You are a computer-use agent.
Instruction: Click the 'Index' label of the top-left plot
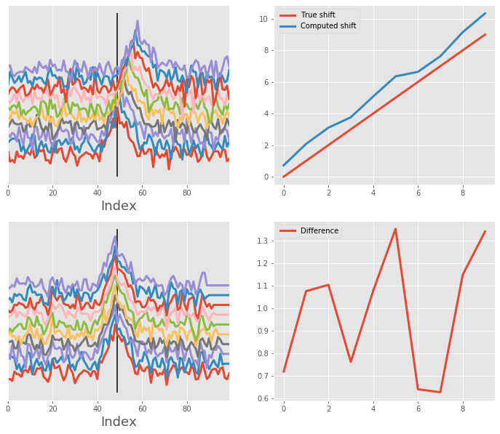[119, 206]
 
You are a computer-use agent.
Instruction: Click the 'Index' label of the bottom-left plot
[119, 422]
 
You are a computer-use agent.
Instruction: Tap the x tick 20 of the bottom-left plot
[52, 409]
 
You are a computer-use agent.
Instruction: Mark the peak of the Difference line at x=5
[395, 229]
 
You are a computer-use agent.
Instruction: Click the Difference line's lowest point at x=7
[440, 393]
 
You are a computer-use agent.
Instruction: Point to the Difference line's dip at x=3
[351, 361]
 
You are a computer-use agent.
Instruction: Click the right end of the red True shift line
[485, 34]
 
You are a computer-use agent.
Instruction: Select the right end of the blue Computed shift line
[485, 13]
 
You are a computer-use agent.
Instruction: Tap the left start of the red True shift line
[284, 177]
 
